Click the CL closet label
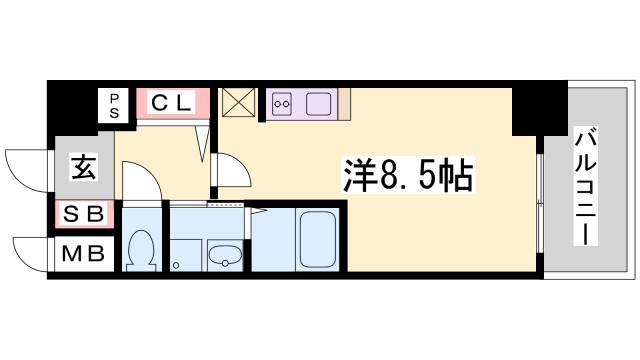(172, 102)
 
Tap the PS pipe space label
(114, 104)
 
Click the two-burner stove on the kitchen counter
(283, 103)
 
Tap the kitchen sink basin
(319, 103)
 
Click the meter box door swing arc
(30, 250)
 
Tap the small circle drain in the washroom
(176, 265)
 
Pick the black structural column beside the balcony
(525, 109)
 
